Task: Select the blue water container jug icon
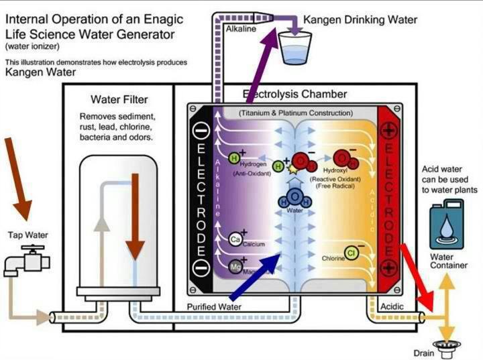(445, 226)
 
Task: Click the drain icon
(443, 344)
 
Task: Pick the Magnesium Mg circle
(234, 266)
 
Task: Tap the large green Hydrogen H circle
(234, 159)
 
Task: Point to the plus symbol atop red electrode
(390, 128)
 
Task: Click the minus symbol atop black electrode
(201, 129)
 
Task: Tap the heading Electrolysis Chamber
(294, 95)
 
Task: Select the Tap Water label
(28, 235)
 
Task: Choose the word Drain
(423, 353)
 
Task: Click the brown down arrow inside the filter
(135, 215)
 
